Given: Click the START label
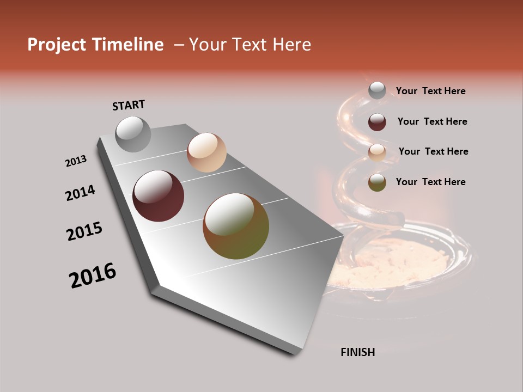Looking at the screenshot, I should [129, 105].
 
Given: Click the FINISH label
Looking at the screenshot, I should [357, 352].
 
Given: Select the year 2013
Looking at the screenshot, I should [76, 161].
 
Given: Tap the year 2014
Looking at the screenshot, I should [81, 193].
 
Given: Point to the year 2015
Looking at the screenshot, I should [84, 231].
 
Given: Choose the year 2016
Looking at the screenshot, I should [93, 275].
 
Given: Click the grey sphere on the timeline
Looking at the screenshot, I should [133, 134].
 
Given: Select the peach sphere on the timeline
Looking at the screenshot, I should [206, 152].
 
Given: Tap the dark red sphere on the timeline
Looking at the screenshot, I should [158, 196].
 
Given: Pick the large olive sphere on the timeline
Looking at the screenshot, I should [236, 226].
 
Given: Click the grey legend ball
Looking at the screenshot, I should [377, 91].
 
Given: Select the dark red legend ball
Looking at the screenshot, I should [377, 122].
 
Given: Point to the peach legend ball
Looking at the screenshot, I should [377, 152].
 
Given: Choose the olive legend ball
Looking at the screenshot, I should [377, 182].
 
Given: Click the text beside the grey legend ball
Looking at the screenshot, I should [430, 91].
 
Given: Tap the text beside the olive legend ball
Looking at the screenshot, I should [430, 182].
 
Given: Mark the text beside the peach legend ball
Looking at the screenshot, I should [433, 151].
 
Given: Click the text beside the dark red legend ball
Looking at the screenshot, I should [432, 121].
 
